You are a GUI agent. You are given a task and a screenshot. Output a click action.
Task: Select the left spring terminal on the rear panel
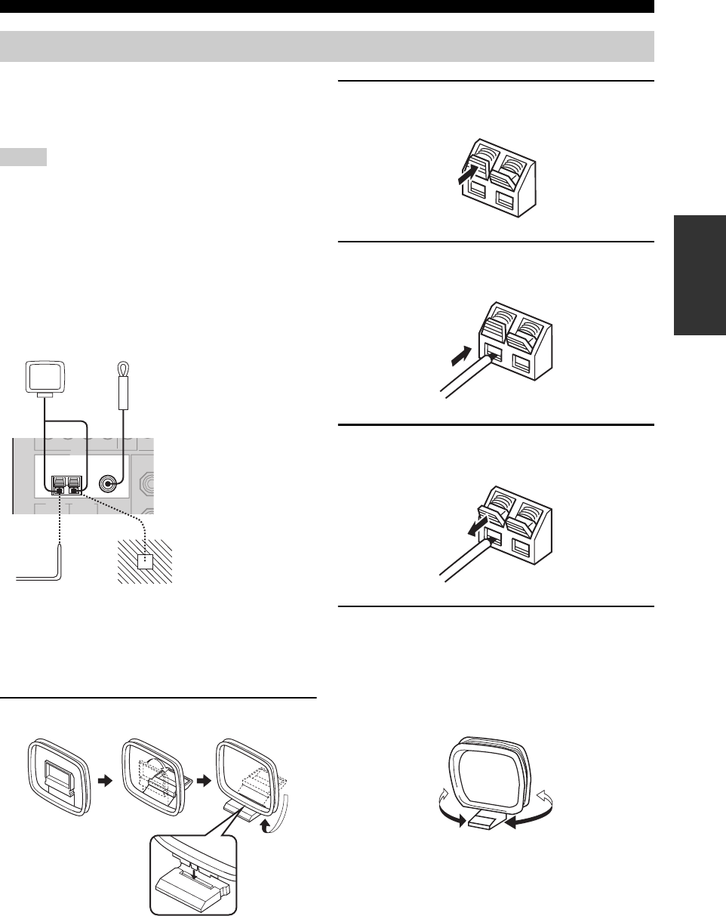tap(58, 483)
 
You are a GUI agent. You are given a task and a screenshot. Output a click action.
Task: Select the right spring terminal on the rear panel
tap(74, 483)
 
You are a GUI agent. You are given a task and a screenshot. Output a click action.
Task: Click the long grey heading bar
tap(327, 46)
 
